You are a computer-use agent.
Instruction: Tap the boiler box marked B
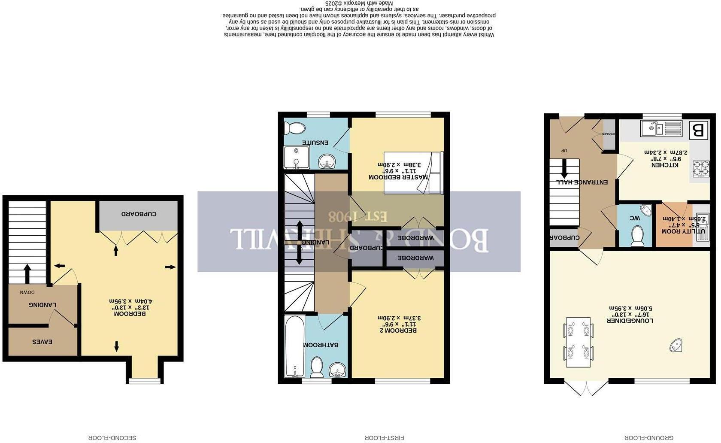pyautogui.click(x=698, y=130)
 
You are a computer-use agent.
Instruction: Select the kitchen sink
pyautogui.click(x=661, y=128)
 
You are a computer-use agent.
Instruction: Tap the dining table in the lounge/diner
pyautogui.click(x=578, y=342)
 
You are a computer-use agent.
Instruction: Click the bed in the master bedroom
pyautogui.click(x=413, y=173)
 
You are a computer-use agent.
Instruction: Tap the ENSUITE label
pyautogui.click(x=315, y=142)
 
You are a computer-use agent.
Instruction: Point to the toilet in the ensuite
pyautogui.click(x=294, y=128)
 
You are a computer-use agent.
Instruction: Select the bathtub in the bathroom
pyautogui.click(x=295, y=346)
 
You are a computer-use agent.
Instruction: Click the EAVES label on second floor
pyautogui.click(x=42, y=342)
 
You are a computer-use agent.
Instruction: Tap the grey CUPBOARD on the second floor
pyautogui.click(x=139, y=214)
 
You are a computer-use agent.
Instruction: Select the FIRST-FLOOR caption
pyautogui.click(x=385, y=438)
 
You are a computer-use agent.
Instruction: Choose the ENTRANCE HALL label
pyautogui.click(x=582, y=182)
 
